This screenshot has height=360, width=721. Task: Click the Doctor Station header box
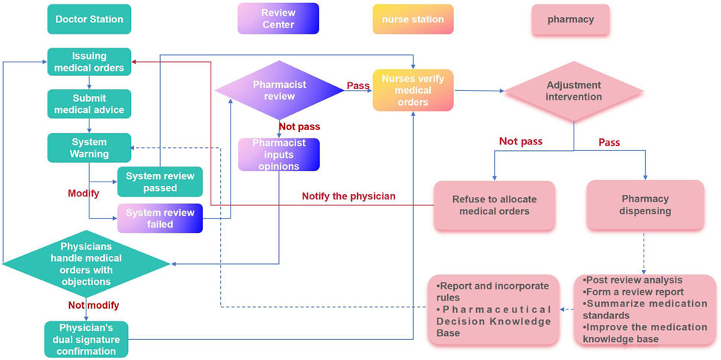(89, 19)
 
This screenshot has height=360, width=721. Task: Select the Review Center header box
(278, 19)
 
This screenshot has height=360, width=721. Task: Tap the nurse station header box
(413, 19)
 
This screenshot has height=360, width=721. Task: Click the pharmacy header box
(571, 19)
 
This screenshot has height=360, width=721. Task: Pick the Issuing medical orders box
(89, 62)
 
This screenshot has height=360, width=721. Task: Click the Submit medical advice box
(89, 104)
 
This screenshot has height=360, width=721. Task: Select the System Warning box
(89, 147)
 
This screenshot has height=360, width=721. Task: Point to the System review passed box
(160, 181)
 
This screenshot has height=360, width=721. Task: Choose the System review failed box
(160, 218)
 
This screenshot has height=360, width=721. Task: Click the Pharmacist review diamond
(279, 91)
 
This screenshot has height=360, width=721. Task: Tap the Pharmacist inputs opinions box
(279, 155)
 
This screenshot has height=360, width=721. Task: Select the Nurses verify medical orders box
(413, 91)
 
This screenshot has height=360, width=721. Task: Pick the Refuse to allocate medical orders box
(494, 205)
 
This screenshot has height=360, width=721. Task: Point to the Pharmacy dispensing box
(645, 205)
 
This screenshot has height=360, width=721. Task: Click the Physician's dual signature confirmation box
(90, 339)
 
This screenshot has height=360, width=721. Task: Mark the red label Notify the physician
(348, 196)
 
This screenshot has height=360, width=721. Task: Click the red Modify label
(83, 193)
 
